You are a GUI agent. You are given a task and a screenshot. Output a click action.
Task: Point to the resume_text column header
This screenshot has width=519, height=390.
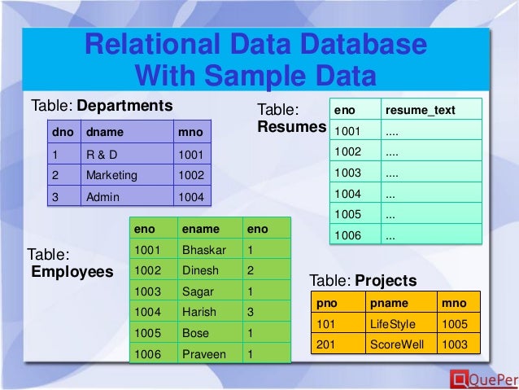(x=420, y=110)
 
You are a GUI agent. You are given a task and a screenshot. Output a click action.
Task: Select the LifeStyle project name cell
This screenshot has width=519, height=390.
(x=392, y=323)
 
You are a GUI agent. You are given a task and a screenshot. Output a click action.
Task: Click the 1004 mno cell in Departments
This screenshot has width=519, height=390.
(x=190, y=196)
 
